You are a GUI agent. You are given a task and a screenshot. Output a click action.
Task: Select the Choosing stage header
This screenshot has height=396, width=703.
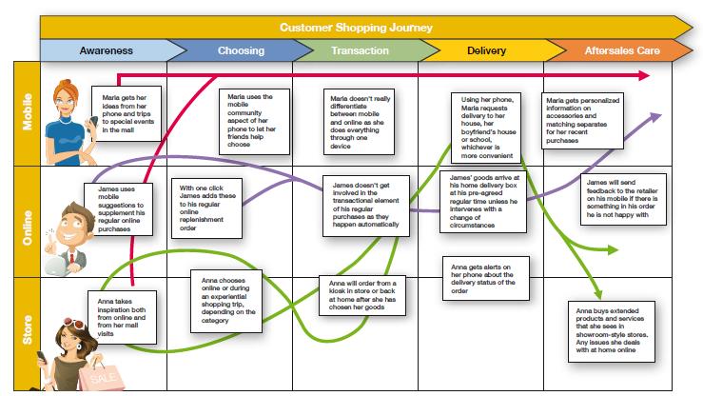click(x=241, y=49)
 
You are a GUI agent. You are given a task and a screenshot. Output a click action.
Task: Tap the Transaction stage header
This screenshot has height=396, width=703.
click(x=360, y=49)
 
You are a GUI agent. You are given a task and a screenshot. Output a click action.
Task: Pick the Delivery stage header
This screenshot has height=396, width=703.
click(x=485, y=49)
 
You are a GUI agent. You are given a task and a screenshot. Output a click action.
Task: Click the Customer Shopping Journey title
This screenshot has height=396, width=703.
click(x=357, y=26)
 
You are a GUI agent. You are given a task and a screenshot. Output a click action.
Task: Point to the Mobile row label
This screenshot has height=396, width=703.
click(x=27, y=113)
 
